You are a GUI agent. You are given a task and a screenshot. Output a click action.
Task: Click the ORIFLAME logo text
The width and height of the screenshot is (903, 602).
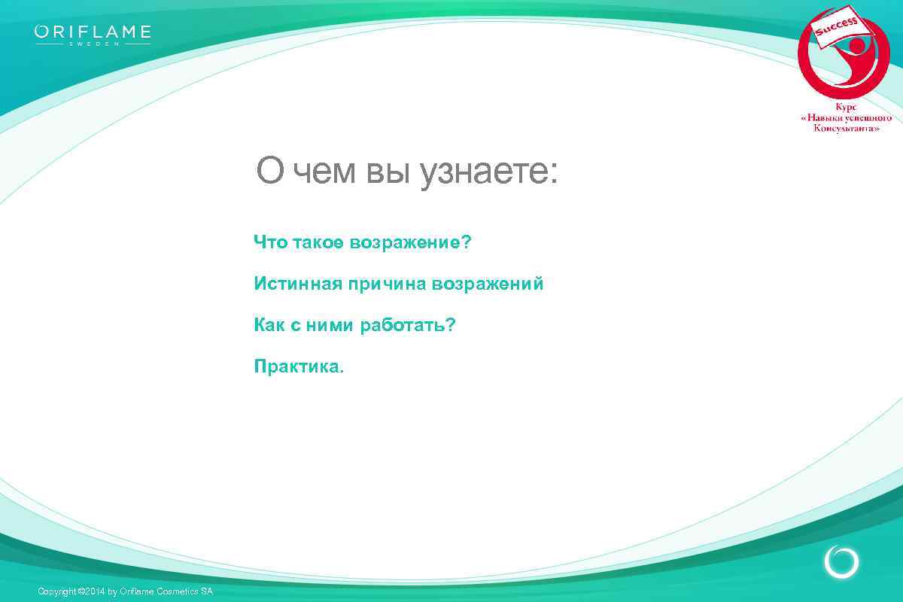pyautogui.click(x=93, y=32)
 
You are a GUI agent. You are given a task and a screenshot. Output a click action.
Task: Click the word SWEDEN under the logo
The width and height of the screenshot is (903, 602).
pyautogui.click(x=93, y=44)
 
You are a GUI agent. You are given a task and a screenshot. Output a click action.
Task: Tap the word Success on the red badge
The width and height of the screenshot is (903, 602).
pyautogui.click(x=838, y=29)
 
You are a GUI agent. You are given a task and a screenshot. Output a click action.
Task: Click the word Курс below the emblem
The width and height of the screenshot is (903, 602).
pyautogui.click(x=846, y=107)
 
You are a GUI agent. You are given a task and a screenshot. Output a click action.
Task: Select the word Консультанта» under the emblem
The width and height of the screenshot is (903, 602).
pyautogui.click(x=846, y=129)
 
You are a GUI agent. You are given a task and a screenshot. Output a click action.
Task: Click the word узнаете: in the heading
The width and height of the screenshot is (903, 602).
pyautogui.click(x=488, y=172)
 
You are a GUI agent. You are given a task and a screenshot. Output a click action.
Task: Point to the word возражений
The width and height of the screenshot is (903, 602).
pyautogui.click(x=487, y=284)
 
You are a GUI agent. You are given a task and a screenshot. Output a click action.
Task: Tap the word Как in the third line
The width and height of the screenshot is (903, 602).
pyautogui.click(x=269, y=325)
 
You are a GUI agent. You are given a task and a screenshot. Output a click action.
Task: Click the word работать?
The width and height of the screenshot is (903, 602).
pyautogui.click(x=408, y=325)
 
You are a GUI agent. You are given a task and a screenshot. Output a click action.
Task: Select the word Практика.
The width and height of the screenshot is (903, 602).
pyautogui.click(x=299, y=367)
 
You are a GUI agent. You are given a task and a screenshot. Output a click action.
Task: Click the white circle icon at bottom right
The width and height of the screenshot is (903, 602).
pyautogui.click(x=841, y=561)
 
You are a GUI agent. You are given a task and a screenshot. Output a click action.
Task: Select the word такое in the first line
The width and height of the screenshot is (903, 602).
pyautogui.click(x=315, y=242)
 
